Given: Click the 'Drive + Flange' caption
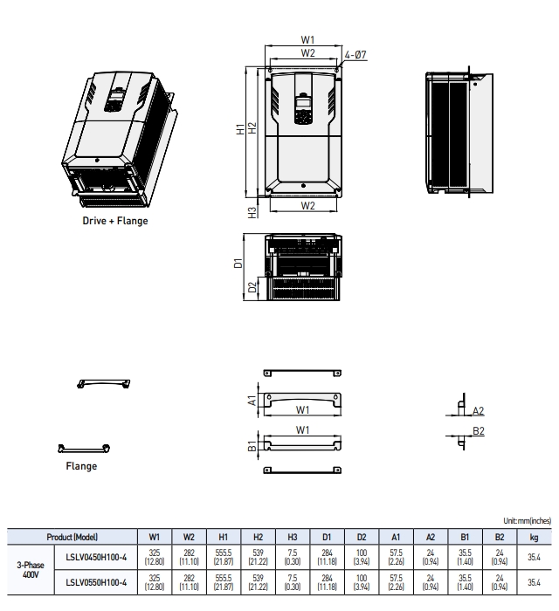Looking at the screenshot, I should [x=115, y=221].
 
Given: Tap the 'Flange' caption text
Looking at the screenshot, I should [x=81, y=466].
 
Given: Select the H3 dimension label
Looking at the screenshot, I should [x=252, y=212].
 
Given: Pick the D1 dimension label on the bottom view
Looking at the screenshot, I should [x=238, y=263].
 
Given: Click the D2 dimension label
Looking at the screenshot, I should [x=252, y=286].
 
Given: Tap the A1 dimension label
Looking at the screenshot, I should [x=252, y=401].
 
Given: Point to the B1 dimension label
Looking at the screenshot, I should [x=252, y=448].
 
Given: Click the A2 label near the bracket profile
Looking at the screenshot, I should [x=478, y=410].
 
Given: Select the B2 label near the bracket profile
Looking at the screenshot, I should [x=478, y=430].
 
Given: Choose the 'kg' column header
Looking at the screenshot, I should [x=533, y=536].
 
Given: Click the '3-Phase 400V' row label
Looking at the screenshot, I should [x=31, y=571].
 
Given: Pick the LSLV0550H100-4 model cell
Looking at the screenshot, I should [x=97, y=581].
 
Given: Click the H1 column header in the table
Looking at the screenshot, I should [x=223, y=536].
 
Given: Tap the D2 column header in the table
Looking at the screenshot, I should [x=361, y=536].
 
